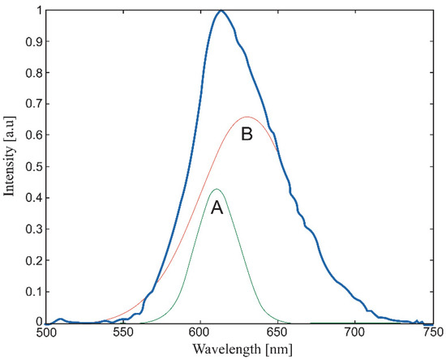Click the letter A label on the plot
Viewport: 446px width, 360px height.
pyautogui.click(x=217, y=208)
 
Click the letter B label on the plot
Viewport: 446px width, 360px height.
pyautogui.click(x=247, y=135)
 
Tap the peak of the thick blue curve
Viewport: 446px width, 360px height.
pyautogui.click(x=221, y=11)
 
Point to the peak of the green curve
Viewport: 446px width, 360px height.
pyautogui.click(x=217, y=189)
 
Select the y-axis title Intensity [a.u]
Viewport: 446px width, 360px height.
pyautogui.click(x=11, y=166)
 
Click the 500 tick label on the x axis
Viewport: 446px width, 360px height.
pyautogui.click(x=46, y=332)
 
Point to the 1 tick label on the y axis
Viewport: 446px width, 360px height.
pyautogui.click(x=36, y=11)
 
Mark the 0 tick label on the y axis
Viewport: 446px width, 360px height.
pyautogui.click(x=36, y=322)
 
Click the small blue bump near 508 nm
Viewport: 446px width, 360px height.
pyautogui.click(x=59, y=319)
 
